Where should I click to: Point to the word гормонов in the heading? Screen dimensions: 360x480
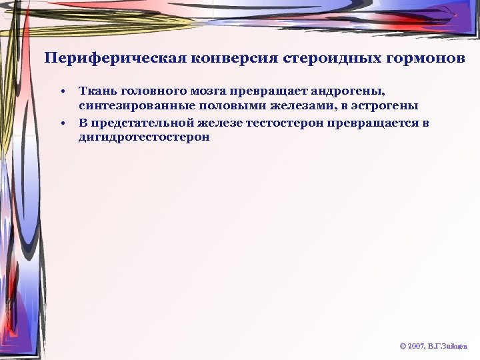429,58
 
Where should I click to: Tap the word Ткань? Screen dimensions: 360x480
95,90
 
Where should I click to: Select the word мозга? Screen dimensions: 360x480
210,90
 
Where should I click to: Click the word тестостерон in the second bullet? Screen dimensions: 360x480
288,123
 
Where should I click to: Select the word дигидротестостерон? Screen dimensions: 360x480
144,138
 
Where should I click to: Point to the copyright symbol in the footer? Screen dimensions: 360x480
403,347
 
